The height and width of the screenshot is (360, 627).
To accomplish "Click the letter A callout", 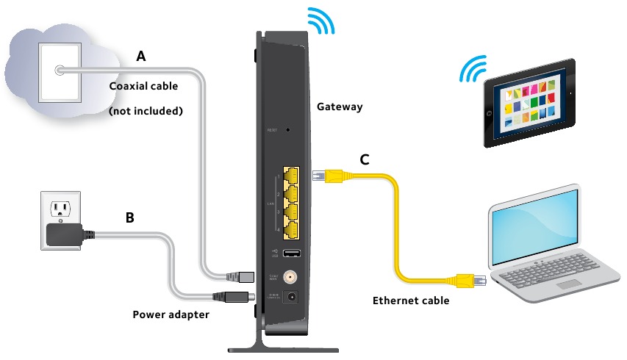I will [x=141, y=56].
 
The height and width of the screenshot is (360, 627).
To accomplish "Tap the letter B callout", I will [x=129, y=217].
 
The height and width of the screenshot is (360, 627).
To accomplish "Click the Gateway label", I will [x=340, y=107].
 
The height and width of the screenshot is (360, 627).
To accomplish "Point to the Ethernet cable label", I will [x=411, y=300].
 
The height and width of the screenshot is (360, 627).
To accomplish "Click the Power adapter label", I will [x=171, y=314].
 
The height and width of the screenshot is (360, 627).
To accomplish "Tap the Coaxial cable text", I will [x=143, y=86].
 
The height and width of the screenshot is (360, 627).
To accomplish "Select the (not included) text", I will [x=145, y=112].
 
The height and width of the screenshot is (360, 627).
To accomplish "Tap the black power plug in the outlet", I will [x=65, y=234].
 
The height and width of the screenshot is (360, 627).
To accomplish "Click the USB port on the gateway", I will [x=290, y=253].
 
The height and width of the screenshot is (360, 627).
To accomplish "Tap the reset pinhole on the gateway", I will [x=287, y=129].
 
